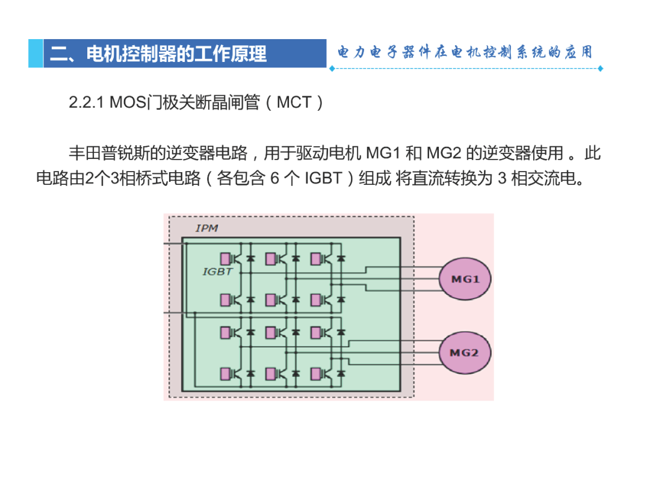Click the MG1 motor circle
pos(465,279)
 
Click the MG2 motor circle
pos(465,353)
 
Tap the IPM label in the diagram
pos(206,228)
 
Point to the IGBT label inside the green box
pos(218,272)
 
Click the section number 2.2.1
pos(86,102)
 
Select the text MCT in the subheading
pos(294,102)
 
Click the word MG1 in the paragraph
pos(383,153)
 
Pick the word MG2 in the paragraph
pos(444,153)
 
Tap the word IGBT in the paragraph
pos(323,178)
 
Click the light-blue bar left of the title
pos(36,54)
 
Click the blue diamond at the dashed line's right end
pos(600,69)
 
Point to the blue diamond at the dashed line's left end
pos(332,69)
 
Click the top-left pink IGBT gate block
pos(225,259)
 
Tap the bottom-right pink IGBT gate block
pos(315,374)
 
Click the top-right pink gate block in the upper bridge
pos(315,259)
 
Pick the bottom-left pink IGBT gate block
pos(225,374)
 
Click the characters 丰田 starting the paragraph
pos(85,153)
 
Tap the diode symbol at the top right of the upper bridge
pos(341,259)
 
